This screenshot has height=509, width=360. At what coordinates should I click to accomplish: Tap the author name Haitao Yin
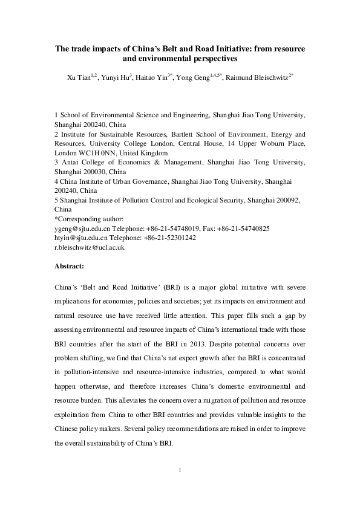pos(155,79)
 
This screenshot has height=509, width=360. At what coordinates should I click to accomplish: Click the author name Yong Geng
pos(195,79)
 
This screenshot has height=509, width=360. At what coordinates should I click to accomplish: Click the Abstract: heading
pos(70,266)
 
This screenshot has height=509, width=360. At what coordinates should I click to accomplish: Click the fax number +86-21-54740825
pos(243,229)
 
